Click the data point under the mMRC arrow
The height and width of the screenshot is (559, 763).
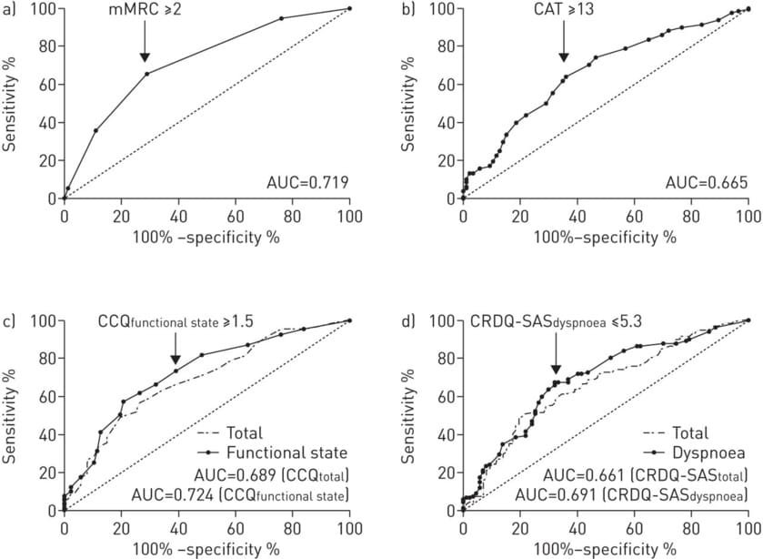(x=146, y=74)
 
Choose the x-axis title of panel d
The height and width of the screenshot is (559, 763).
(x=606, y=548)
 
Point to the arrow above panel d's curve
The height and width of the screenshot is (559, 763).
(x=555, y=358)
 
